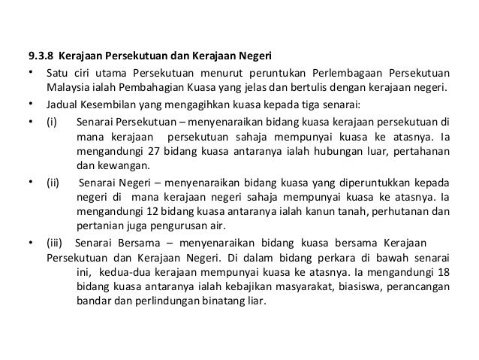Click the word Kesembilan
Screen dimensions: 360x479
[x=107, y=104]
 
